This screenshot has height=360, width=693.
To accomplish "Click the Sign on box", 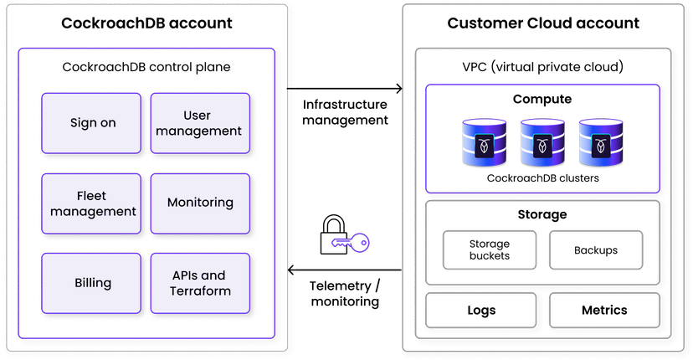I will pyautogui.click(x=92, y=123).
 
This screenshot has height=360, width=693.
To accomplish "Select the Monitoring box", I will pyautogui.click(x=200, y=203).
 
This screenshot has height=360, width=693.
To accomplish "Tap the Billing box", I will pyautogui.click(x=92, y=283).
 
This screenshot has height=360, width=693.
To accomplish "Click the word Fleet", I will pyautogui.click(x=91, y=195).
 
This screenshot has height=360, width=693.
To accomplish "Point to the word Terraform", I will pyautogui.click(x=200, y=291).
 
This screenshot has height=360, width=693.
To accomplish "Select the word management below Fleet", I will pyautogui.click(x=93, y=212).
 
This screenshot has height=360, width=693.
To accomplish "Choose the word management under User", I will pyautogui.click(x=199, y=131).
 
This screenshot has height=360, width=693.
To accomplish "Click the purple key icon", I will pyautogui.click(x=350, y=243).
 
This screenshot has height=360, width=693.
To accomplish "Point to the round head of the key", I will pyautogui.click(x=361, y=243).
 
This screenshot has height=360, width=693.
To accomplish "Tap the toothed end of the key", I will pyautogui.click(x=339, y=244).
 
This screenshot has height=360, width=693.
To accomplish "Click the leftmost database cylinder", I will pyautogui.click(x=485, y=143).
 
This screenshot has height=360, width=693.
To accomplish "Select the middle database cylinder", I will pyautogui.click(x=543, y=143).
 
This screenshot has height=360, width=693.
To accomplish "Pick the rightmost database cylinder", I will pyautogui.click(x=601, y=143).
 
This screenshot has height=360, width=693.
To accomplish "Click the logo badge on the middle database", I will pyautogui.click(x=543, y=146).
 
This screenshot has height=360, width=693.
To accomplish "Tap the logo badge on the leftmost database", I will pyautogui.click(x=485, y=146).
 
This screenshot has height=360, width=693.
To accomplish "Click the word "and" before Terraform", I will pyautogui.click(x=214, y=275).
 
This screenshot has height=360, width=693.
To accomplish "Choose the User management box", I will pyautogui.click(x=200, y=123).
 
